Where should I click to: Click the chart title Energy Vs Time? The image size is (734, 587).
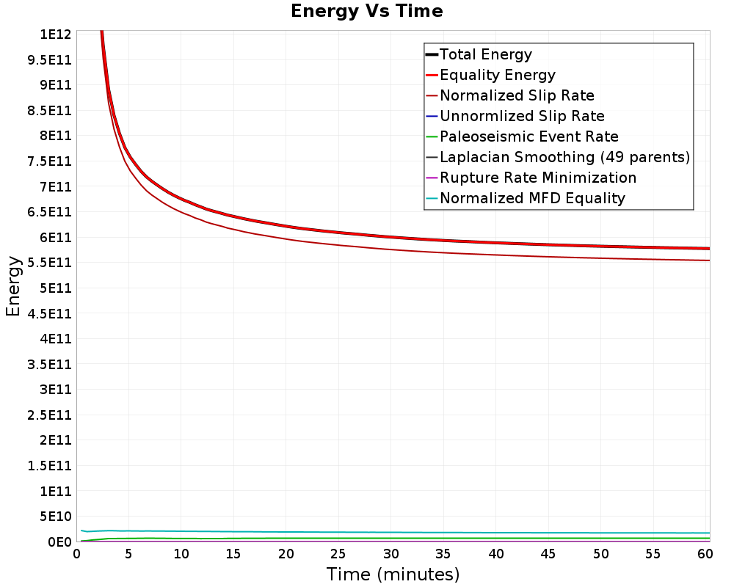tap(366, 11)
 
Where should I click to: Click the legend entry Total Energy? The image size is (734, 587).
tap(485, 54)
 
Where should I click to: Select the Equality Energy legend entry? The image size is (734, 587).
tap(497, 75)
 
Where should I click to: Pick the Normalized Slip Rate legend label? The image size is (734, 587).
tap(517, 95)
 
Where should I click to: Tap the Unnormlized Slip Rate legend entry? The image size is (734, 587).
tap(522, 116)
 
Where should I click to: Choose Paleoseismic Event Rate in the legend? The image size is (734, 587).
tap(529, 136)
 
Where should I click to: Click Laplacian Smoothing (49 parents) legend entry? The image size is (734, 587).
tap(564, 157)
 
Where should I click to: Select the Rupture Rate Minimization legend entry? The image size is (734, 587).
tap(538, 178)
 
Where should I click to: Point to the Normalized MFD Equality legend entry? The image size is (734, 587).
tap(532, 198)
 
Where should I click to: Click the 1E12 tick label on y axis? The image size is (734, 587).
tap(55, 34)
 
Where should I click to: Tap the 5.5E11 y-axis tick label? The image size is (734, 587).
tap(49, 263)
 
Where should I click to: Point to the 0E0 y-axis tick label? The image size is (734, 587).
tap(59, 542)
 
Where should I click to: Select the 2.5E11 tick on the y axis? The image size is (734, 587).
tap(49, 415)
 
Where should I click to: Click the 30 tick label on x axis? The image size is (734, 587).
tap(391, 554)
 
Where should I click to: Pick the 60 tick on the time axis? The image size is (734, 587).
tap(705, 554)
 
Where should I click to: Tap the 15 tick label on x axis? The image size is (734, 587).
tap(233, 554)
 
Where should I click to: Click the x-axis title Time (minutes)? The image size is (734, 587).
tap(393, 574)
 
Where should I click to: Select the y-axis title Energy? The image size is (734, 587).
tap(13, 286)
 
